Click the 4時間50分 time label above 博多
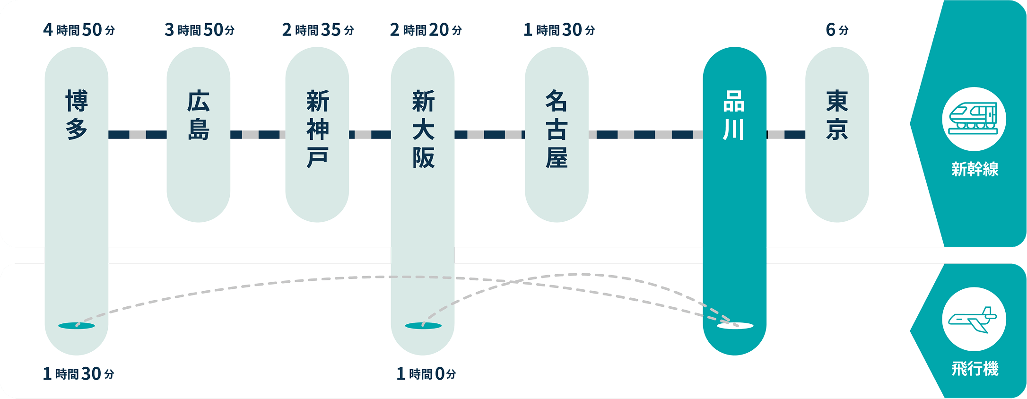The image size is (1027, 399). [x=79, y=30]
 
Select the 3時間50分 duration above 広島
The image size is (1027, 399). [x=200, y=30]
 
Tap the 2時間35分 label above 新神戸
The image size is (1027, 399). [x=318, y=30]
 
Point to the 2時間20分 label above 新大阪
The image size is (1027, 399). [x=426, y=30]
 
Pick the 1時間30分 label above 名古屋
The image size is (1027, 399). [x=559, y=30]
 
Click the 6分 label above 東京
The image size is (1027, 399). [x=837, y=30]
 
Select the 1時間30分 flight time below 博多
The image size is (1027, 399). [x=78, y=374]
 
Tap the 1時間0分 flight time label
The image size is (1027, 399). [x=426, y=374]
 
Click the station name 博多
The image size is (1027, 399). [x=77, y=115]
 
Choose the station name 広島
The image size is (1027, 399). [x=199, y=115]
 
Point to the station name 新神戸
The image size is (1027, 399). [x=317, y=129]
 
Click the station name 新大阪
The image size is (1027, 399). [x=423, y=129]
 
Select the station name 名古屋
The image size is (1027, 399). [x=557, y=129]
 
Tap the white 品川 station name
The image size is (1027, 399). [x=734, y=115]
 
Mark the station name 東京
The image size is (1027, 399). [x=837, y=115]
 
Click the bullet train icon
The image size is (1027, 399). [x=974, y=119]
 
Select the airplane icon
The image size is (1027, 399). [x=974, y=320]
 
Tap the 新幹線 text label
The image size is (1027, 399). [x=975, y=169]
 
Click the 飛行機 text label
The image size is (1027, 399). [x=975, y=369]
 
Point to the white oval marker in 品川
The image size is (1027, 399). [x=735, y=326]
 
